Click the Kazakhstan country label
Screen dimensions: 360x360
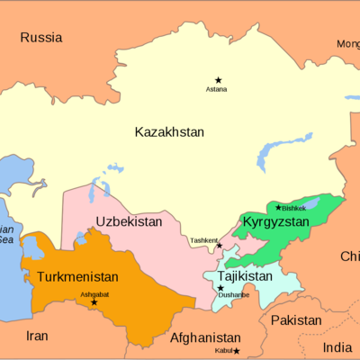click(x=169, y=132)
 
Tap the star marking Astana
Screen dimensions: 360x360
click(x=217, y=81)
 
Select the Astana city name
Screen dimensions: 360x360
click(x=217, y=91)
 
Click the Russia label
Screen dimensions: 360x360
click(x=41, y=38)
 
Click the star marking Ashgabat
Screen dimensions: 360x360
click(x=94, y=302)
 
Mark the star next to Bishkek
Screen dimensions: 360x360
click(x=278, y=207)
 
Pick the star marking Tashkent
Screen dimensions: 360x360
click(x=220, y=245)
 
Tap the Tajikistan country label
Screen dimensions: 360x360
click(x=244, y=275)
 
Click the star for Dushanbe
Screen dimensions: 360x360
click(x=220, y=288)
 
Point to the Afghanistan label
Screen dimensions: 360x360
click(x=206, y=339)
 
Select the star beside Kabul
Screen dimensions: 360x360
click(x=237, y=351)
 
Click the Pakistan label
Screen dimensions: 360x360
click(x=296, y=320)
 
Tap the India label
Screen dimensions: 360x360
click(x=338, y=347)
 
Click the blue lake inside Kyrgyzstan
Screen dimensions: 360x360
click(x=311, y=205)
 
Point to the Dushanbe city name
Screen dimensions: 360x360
click(x=233, y=294)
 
